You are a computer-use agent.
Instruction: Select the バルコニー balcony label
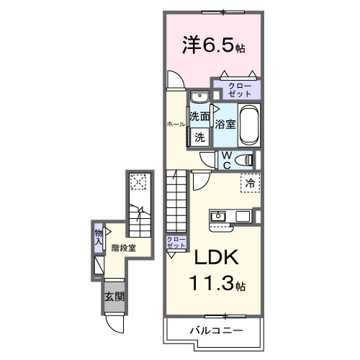pos(215,330)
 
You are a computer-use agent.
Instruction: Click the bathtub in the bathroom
pos(248,124)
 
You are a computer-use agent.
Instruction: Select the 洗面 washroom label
pos(199,116)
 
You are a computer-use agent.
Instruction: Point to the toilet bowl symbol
pos(243,160)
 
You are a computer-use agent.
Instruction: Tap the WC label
pos(225,160)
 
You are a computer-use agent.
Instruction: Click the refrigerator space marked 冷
pos(250,184)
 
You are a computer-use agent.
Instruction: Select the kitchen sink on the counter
pos(219,215)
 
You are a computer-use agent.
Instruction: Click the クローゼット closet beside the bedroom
pos(235,90)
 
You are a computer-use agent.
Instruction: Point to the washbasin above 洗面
pos(199,98)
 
